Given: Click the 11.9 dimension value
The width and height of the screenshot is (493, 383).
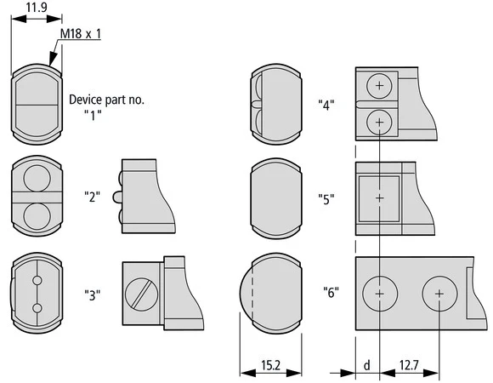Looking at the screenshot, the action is (37, 7).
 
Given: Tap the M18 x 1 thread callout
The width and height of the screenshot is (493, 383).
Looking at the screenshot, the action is (81, 34).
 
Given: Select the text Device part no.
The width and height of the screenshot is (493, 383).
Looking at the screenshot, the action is (106, 100).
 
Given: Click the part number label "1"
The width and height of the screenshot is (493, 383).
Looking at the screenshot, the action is (93, 115).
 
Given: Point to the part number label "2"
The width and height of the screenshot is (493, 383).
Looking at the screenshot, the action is (93, 197).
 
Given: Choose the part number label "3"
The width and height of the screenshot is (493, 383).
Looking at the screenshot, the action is (93, 294).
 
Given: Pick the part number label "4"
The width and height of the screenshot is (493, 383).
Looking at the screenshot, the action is (326, 105).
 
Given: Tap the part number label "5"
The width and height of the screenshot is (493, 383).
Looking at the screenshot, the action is (326, 199).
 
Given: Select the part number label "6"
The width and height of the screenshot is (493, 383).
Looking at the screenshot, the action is (331, 292).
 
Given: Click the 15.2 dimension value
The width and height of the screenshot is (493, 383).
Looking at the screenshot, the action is (270, 365).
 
